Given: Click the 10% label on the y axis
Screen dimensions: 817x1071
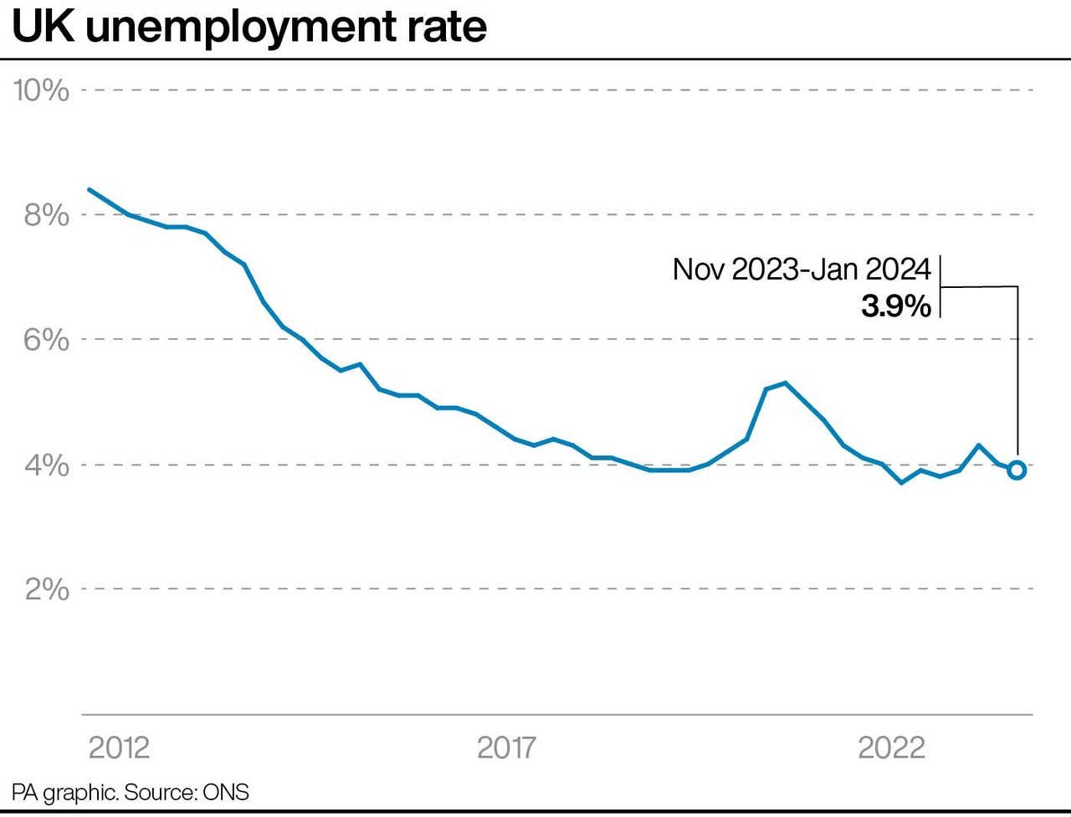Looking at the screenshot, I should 41,90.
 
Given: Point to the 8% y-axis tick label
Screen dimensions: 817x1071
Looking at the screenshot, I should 46,215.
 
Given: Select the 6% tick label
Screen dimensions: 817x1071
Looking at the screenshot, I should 46,340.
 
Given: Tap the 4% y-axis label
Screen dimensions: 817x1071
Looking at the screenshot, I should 46,465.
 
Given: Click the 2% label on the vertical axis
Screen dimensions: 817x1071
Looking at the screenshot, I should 46,589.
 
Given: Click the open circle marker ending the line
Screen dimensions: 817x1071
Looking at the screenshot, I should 1017,470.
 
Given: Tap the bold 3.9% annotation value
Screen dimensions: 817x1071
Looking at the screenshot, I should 896,307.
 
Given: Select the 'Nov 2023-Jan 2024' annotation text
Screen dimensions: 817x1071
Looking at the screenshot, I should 802,270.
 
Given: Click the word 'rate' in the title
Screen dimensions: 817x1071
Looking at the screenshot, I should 453,27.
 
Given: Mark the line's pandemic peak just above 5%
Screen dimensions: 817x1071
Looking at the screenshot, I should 785,383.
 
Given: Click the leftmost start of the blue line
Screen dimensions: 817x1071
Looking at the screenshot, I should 90,189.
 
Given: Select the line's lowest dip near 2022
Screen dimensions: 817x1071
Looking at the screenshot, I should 901,483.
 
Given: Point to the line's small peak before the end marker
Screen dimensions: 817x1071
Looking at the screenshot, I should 979,445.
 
